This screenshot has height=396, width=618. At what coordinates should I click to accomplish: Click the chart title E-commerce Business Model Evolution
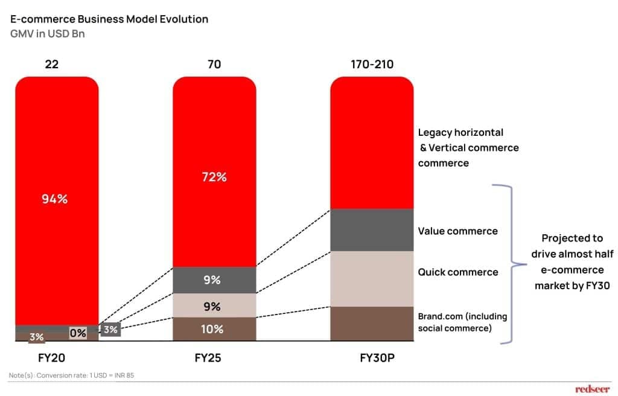tap(109, 19)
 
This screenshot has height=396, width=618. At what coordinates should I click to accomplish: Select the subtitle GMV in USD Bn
tap(48, 34)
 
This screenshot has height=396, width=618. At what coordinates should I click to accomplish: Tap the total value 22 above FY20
tap(52, 63)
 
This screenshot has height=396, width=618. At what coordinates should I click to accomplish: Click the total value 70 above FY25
tap(215, 63)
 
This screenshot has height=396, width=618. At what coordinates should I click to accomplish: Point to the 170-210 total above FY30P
tap(372, 63)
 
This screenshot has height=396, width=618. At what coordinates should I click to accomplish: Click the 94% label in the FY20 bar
tap(54, 199)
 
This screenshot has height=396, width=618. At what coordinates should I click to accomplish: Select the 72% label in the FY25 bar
tap(214, 177)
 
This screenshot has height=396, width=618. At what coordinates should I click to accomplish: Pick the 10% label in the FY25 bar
tap(212, 329)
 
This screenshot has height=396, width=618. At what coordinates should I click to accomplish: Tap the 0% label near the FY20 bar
tap(78, 333)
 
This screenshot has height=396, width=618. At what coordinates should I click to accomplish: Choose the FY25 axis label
tap(208, 357)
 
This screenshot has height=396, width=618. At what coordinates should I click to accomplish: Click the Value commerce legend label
tap(458, 231)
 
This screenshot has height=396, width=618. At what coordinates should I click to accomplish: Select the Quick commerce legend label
tap(458, 272)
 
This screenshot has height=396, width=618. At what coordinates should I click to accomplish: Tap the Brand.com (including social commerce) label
tap(463, 322)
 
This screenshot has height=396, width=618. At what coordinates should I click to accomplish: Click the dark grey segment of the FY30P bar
tap(372, 230)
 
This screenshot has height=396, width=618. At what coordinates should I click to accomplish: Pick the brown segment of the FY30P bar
tap(372, 324)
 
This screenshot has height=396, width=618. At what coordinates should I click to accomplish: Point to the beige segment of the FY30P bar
tap(372, 278)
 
